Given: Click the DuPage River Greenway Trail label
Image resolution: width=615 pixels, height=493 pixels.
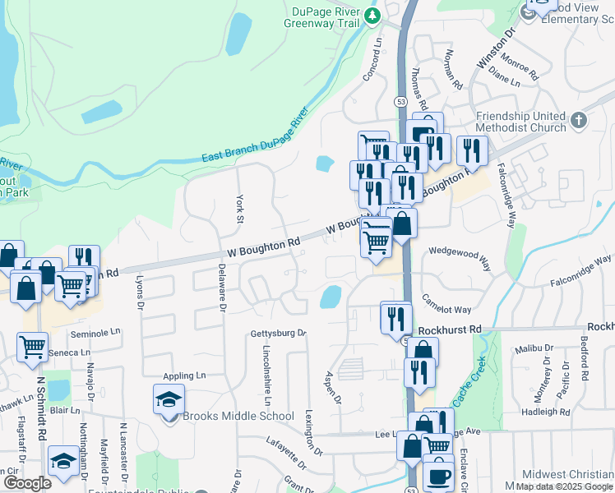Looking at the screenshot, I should pyautogui.click(x=322, y=18).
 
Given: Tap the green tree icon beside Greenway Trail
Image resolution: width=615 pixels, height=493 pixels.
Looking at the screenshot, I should pyautogui.click(x=373, y=15).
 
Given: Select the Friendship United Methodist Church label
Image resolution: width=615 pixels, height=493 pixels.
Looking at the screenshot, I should pyautogui.click(x=521, y=122).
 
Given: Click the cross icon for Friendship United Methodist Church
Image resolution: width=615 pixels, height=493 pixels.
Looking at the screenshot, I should pyautogui.click(x=579, y=122).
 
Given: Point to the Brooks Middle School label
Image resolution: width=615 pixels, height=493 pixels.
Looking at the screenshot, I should pyautogui.click(x=238, y=416).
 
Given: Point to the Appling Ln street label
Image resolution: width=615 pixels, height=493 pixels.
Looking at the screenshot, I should pyautogui.click(x=184, y=376).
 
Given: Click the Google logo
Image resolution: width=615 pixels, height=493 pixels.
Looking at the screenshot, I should pyautogui.click(x=27, y=482).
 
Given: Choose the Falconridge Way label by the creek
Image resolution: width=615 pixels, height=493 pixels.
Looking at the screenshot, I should pyautogui.click(x=581, y=270).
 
